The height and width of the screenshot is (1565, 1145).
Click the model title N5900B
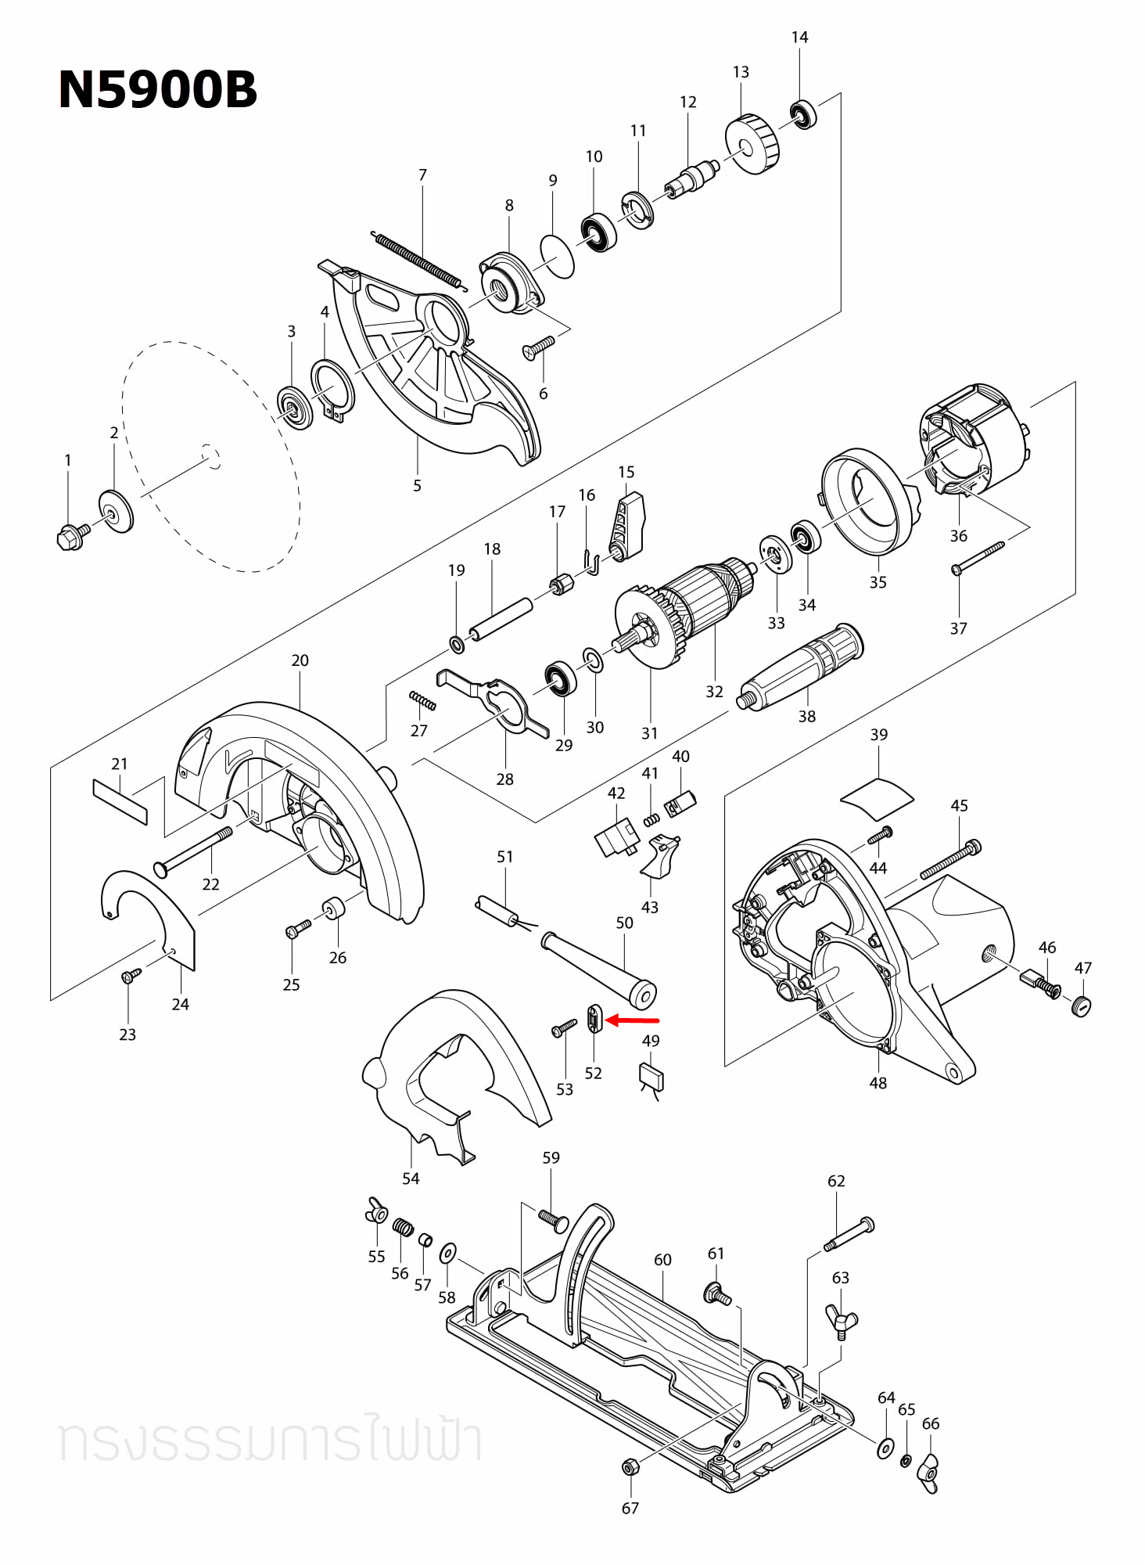pos(157,90)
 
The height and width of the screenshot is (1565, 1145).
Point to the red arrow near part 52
pos(633,1020)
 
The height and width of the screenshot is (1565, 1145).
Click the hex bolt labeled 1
pos(72,537)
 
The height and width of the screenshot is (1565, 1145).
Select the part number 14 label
pos(799,38)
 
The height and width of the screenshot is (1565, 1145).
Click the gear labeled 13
pos(752,145)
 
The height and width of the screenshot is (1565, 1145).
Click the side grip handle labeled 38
pos(803,667)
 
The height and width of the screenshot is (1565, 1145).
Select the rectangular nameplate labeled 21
pos(120,800)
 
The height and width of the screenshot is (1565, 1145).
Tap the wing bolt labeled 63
pos(841,1320)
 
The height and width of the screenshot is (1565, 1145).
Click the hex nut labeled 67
pos(630,1466)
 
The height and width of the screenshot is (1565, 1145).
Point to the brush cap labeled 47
pos(1081,1006)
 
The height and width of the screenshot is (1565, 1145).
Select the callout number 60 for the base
pos(662,1260)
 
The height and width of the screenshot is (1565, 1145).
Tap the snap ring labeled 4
pos(332,389)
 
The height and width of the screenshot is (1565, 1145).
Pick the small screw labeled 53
pos(563,1028)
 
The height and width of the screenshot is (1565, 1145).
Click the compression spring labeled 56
pos(402,1228)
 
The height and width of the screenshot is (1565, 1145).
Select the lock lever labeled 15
pos(628,525)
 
